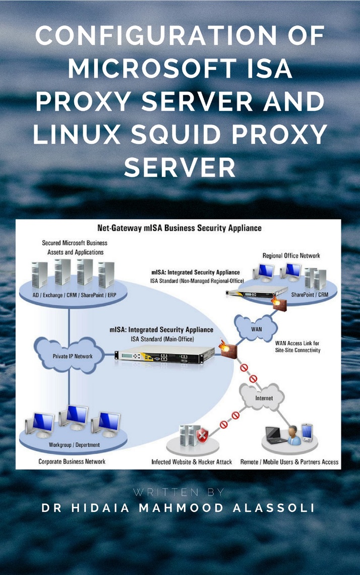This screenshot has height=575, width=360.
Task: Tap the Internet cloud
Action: [263, 397]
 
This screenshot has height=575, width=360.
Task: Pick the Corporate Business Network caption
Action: [72, 461]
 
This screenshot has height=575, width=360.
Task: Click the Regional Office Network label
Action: [291, 256]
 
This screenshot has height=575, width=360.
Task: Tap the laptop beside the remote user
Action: [275, 435]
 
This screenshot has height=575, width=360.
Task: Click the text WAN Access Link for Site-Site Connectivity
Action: [297, 347]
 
